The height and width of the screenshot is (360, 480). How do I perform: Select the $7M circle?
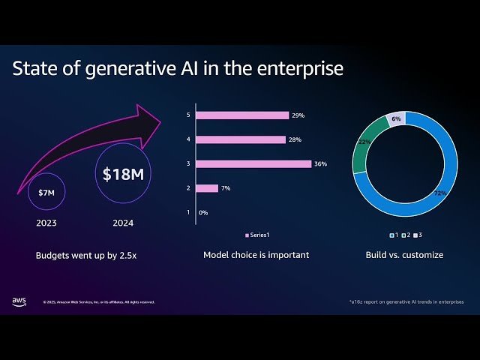pos(46,193)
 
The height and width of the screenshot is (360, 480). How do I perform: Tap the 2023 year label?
pos(46,223)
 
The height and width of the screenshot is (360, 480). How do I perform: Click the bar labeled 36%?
pos(253,163)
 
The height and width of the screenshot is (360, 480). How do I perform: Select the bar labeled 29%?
pos(242,115)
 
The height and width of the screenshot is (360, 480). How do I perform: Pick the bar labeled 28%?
pos(241,139)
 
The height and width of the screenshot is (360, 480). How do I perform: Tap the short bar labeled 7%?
pos(207,188)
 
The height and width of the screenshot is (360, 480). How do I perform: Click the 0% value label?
pos(203,213)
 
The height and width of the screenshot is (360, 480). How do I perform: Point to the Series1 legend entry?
pos(258,235)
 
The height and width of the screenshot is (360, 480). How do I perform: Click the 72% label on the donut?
pos(439,193)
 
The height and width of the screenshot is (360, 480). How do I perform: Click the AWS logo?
pos(19,301)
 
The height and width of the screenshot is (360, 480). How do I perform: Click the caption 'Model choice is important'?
pos(256,255)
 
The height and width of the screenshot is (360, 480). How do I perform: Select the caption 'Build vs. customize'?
pos(404,255)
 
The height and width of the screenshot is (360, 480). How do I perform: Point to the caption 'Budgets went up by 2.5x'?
pos(87,255)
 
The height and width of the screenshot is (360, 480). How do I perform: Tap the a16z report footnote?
pos(406,301)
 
